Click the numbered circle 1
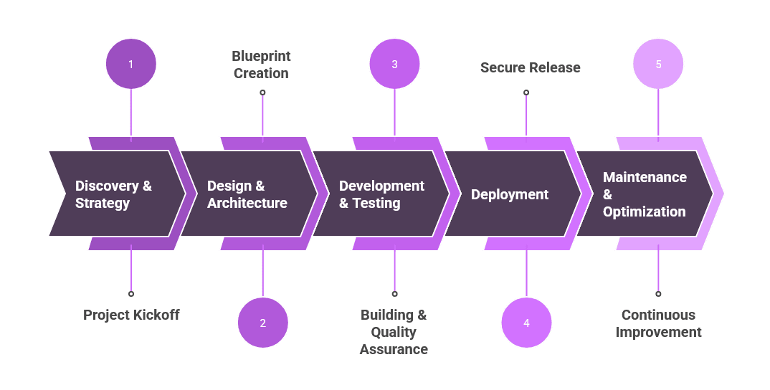pyautogui.click(x=130, y=64)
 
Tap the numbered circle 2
pyautogui.click(x=262, y=323)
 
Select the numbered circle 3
pyautogui.click(x=394, y=64)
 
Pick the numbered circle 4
pyautogui.click(x=526, y=323)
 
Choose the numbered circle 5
pyautogui.click(x=658, y=64)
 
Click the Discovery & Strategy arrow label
pyautogui.click(x=113, y=194)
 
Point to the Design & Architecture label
pyautogui.click(x=247, y=194)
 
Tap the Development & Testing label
pyautogui.click(x=381, y=194)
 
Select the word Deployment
pyautogui.click(x=509, y=194)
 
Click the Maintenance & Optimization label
pyautogui.click(x=644, y=194)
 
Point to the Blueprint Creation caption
pyautogui.click(x=261, y=65)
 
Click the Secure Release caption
pyautogui.click(x=530, y=67)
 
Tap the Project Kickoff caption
pyautogui.click(x=131, y=315)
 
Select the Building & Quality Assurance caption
pyautogui.click(x=394, y=332)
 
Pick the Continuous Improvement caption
pyautogui.click(x=658, y=323)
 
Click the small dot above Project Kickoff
pyautogui.click(x=130, y=293)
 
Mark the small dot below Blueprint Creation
pyautogui.click(x=262, y=92)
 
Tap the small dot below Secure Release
pyautogui.click(x=526, y=92)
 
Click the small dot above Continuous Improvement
pyautogui.click(x=658, y=293)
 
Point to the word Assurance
pyautogui.click(x=394, y=349)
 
